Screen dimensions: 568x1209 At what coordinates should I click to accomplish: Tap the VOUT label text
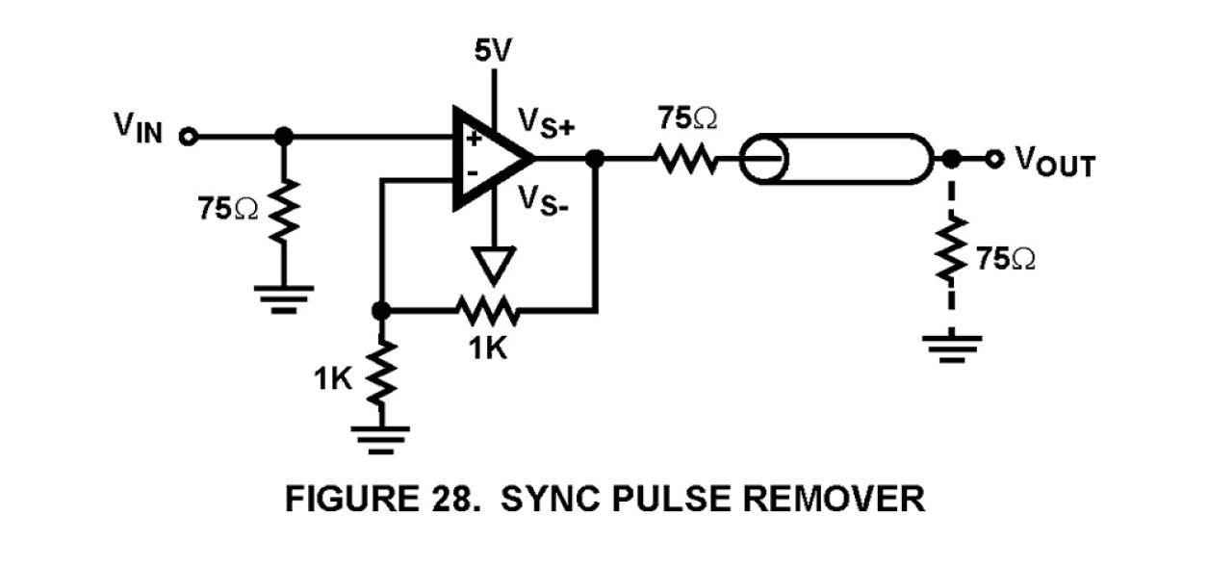(1056, 165)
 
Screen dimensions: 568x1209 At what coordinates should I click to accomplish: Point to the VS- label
(544, 201)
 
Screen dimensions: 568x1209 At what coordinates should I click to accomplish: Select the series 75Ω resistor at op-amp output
(685, 157)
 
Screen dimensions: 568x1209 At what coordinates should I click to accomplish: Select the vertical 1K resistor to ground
(382, 375)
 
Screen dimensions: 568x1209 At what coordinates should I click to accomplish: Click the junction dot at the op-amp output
(596, 157)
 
